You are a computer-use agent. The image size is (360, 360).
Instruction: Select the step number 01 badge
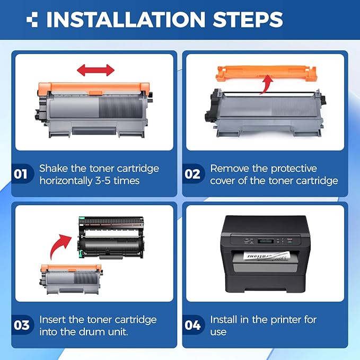(x=22, y=174)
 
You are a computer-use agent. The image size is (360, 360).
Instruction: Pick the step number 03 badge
(x=22, y=324)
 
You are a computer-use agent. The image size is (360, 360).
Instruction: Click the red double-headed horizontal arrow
(x=96, y=69)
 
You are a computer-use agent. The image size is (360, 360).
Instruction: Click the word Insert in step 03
(x=53, y=319)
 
